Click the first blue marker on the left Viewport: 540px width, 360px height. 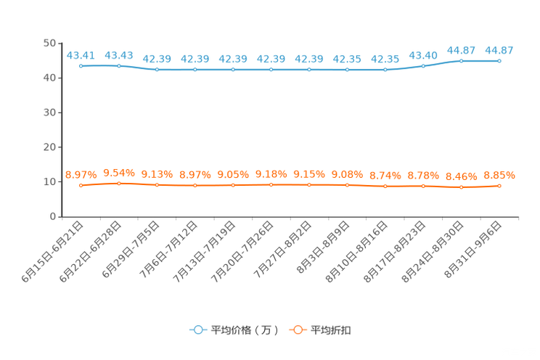tap(81, 66)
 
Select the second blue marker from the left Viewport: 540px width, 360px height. tap(119, 66)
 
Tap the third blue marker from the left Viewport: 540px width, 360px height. tap(157, 70)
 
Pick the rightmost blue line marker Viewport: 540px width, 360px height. tap(499, 61)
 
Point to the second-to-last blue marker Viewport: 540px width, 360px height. tap(461, 61)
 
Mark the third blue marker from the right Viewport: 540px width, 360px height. tap(423, 66)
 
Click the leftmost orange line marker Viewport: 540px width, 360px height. tap(81, 186)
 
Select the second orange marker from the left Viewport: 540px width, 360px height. tap(119, 184)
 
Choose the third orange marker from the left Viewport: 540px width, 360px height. tap(157, 186)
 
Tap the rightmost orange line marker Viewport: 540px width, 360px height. tap(499, 187)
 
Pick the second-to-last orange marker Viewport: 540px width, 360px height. tap(461, 188)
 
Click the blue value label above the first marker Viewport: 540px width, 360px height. tap(81, 54)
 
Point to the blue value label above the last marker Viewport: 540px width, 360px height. tap(499, 50)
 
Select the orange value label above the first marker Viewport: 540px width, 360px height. tap(81, 174)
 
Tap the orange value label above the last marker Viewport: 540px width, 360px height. tap(499, 175)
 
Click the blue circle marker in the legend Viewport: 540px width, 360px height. tap(197, 330)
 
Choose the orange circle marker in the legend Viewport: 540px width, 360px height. tap(297, 330)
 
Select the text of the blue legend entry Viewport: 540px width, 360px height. tap(245, 330)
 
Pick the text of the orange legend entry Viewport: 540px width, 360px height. tap(332, 330)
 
